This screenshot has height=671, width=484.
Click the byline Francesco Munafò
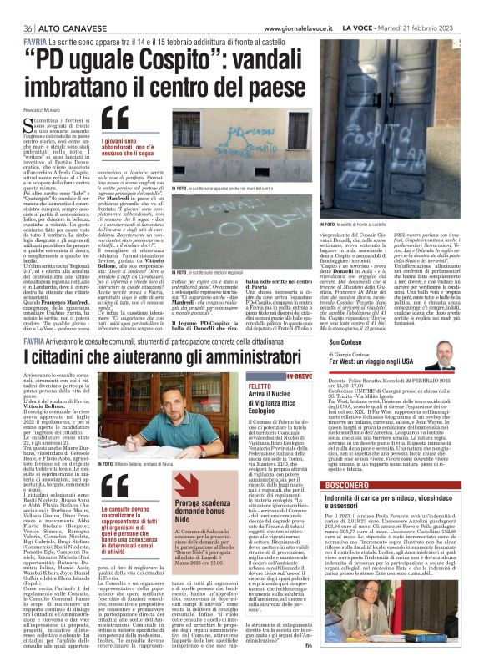point(34,109)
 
